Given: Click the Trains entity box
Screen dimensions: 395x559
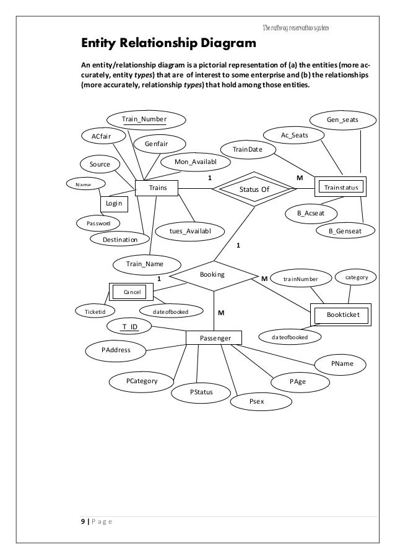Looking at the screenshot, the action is pos(156,187).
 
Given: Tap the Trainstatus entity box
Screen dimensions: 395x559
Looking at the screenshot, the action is pos(341,186).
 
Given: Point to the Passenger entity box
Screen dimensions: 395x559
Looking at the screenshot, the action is pos(213,337).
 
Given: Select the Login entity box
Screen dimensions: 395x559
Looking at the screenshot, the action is pos(114,203).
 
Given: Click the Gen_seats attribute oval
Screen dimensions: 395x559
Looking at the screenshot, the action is pos(342,118).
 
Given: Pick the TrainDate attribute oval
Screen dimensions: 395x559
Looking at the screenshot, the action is pos(248,150).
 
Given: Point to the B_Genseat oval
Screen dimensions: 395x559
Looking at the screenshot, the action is pos(345,231).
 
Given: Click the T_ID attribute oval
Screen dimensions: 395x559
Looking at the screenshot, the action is pos(130,326).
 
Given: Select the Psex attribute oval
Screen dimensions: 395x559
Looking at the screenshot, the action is pos(256,402).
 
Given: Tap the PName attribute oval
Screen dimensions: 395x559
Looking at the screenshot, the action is pos(342,363).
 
